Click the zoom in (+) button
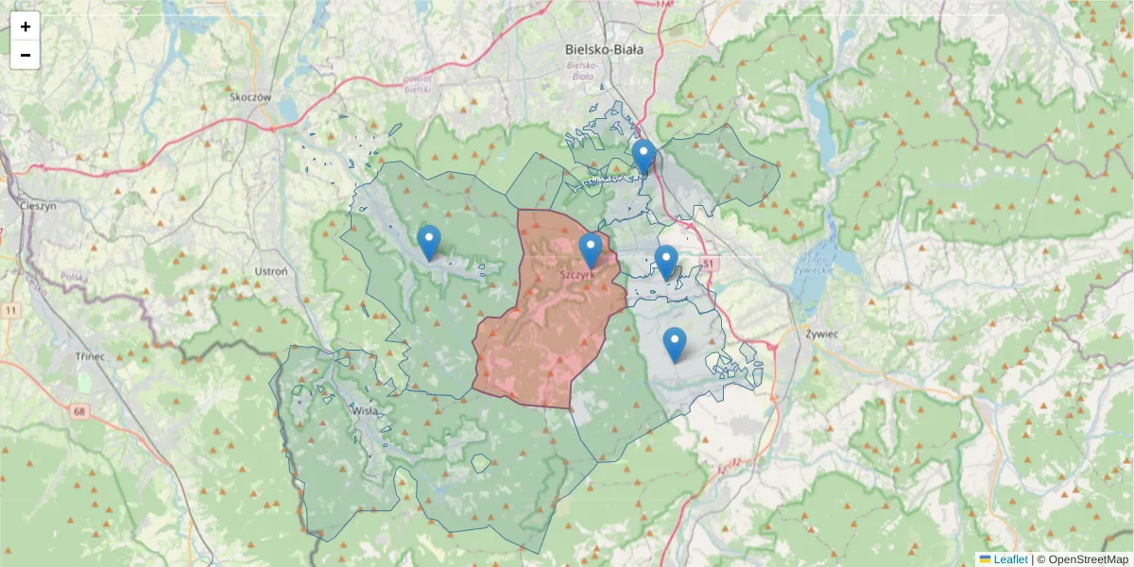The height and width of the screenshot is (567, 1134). [26, 26]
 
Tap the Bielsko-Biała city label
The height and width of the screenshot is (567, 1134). [603, 49]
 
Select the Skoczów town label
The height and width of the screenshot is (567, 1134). [250, 96]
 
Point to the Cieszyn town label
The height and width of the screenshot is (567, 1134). [39, 204]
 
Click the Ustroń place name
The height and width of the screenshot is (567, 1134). [271, 271]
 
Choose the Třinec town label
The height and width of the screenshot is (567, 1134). [91, 357]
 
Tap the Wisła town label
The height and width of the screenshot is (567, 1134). [365, 411]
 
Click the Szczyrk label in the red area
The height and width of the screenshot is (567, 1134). [577, 274]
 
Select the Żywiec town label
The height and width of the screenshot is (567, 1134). [823, 334]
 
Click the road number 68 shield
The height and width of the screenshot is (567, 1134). [78, 410]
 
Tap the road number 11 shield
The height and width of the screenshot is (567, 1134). [10, 310]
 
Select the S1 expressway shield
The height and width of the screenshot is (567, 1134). [706, 262]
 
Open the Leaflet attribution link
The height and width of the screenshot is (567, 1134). [1009, 559]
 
